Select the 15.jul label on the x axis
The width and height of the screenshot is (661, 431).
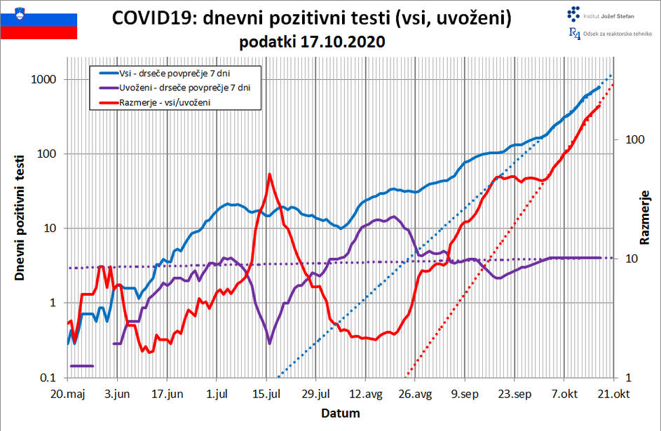(x=266, y=394)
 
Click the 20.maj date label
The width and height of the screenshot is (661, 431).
(x=68, y=394)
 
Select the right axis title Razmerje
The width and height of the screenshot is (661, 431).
(x=645, y=217)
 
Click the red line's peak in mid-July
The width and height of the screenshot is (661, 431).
(x=270, y=175)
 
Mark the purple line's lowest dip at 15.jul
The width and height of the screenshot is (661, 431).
(x=270, y=343)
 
